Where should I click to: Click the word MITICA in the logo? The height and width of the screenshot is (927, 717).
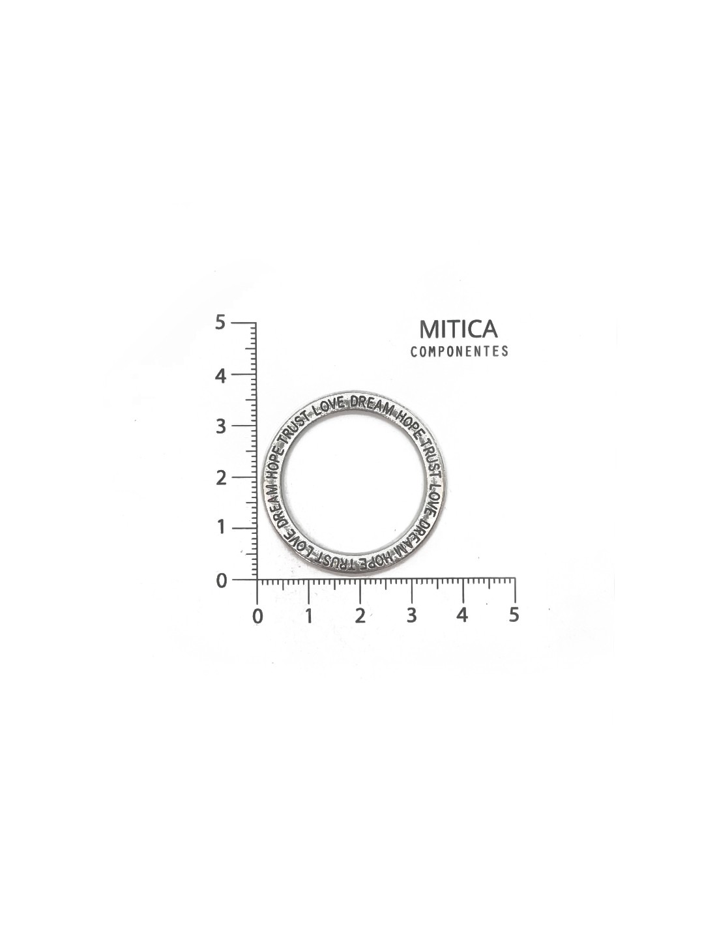(458, 329)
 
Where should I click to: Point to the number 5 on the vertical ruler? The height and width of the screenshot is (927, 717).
(220, 323)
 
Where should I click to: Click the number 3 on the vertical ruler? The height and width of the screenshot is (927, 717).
(220, 426)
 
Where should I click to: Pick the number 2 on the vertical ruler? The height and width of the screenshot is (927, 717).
(220, 477)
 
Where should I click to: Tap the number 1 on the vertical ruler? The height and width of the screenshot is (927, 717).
(220, 529)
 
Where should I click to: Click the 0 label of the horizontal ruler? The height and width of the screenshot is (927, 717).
(257, 616)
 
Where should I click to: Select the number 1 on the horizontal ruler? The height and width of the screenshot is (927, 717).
(309, 616)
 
